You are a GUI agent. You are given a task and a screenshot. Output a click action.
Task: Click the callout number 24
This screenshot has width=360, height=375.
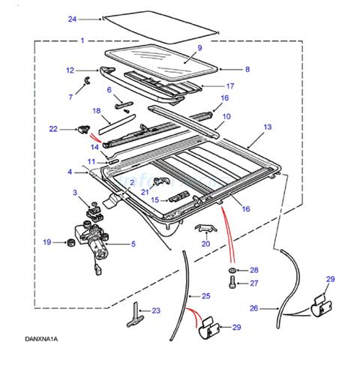click(72, 19)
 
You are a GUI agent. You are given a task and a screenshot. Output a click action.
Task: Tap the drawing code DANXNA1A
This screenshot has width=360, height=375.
click(41, 339)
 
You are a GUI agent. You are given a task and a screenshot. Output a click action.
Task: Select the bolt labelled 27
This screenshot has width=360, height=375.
click(232, 283)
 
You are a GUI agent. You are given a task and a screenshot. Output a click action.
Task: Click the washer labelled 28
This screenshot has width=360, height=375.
click(232, 271)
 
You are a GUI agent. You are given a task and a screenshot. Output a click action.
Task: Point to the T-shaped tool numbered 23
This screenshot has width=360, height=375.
click(135, 314)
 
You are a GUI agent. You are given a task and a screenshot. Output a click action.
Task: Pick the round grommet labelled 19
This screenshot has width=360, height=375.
click(71, 242)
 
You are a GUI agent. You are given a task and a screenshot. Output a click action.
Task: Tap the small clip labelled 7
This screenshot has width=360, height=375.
click(88, 79)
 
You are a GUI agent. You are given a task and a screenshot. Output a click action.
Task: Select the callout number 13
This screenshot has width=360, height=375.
click(268, 127)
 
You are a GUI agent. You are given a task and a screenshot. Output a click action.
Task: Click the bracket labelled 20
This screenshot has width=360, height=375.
click(205, 227)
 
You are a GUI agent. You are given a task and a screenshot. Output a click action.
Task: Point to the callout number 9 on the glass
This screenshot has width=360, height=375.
click(199, 48)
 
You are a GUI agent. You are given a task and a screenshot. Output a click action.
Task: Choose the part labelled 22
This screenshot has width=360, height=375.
click(84, 129)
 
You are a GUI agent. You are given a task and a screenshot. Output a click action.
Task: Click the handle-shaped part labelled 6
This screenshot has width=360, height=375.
click(123, 105)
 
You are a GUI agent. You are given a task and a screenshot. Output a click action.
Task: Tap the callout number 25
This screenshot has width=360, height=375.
click(206, 296)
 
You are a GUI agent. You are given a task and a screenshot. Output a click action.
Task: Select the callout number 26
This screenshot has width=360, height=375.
click(253, 308)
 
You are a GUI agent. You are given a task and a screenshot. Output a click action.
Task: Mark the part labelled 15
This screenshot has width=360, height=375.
click(178, 196)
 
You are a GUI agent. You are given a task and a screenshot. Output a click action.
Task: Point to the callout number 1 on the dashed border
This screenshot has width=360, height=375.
click(82, 40)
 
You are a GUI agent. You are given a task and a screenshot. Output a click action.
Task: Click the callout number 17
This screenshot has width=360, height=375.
click(230, 86)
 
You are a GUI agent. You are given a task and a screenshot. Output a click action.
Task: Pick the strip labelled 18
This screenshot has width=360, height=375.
click(117, 124)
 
